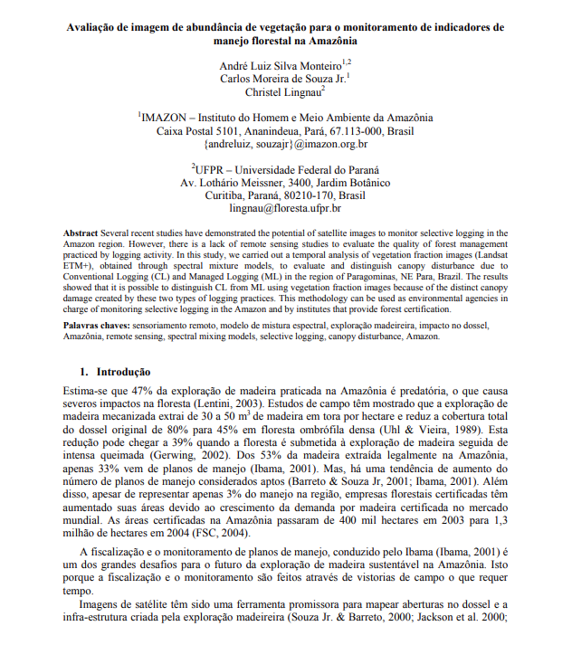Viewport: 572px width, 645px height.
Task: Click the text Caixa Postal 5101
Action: click(x=195, y=130)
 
